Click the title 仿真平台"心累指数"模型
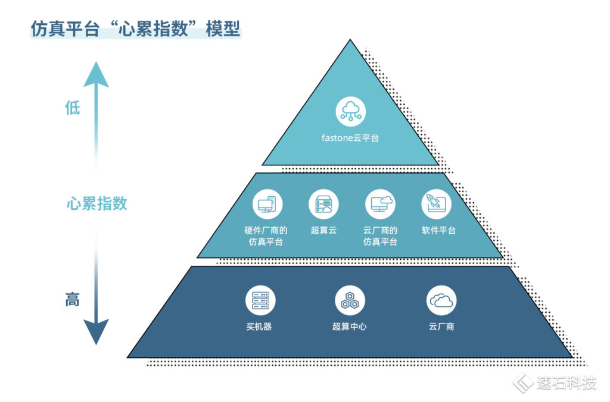[135, 29]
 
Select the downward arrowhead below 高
[96, 332]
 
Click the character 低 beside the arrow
[72, 108]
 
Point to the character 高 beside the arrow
[72, 300]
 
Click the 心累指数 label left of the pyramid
[97, 204]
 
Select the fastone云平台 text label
[350, 138]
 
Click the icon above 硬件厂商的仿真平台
[267, 204]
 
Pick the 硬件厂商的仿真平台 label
[267, 236]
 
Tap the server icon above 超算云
[323, 204]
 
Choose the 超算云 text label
[323, 230]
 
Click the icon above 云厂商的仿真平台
[380, 204]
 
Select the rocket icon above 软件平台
[437, 204]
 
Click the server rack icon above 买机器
[260, 300]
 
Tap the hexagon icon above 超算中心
[349, 300]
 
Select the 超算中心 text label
[349, 326]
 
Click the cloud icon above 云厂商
[441, 300]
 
